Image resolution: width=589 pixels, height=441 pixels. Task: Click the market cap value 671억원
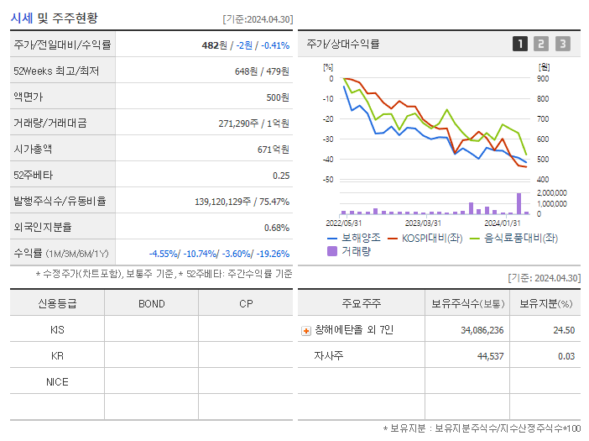274,150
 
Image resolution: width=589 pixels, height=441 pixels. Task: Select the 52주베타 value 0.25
280,176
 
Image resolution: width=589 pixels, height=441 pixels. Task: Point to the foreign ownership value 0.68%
276,228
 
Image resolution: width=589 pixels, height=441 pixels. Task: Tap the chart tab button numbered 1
520,45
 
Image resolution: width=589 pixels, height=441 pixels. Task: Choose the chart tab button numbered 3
562,45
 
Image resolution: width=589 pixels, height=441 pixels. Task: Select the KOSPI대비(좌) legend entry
425,238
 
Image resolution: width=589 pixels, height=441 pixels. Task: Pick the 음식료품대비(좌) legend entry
513,238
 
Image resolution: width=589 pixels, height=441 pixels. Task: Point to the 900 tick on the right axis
543,79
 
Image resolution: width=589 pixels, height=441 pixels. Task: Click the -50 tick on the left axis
327,180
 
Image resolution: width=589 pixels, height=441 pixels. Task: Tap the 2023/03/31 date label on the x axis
423,223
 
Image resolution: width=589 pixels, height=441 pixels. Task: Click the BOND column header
151,303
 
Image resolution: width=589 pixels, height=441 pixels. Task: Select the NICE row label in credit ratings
57,382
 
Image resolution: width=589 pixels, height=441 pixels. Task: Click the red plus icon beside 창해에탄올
306,331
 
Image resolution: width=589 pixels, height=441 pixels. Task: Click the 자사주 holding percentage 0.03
566,356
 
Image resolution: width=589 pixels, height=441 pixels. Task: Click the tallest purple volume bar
519,204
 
